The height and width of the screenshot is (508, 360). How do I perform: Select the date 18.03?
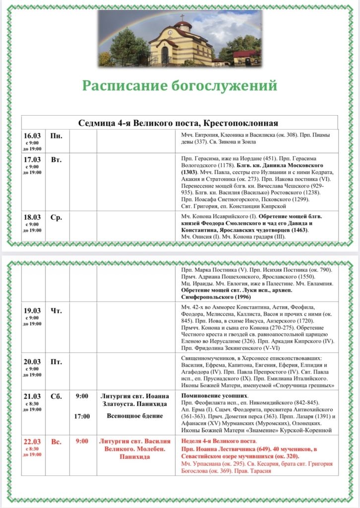(x=32, y=217)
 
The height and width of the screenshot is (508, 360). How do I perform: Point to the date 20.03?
(x=32, y=362)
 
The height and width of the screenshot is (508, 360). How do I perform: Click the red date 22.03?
(x=32, y=442)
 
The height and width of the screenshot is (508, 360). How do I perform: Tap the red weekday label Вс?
(x=56, y=442)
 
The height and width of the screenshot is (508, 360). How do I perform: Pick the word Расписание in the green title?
(x=128, y=85)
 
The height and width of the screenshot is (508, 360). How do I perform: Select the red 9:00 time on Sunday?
(x=82, y=441)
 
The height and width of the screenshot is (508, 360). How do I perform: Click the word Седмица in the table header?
(x=96, y=123)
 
